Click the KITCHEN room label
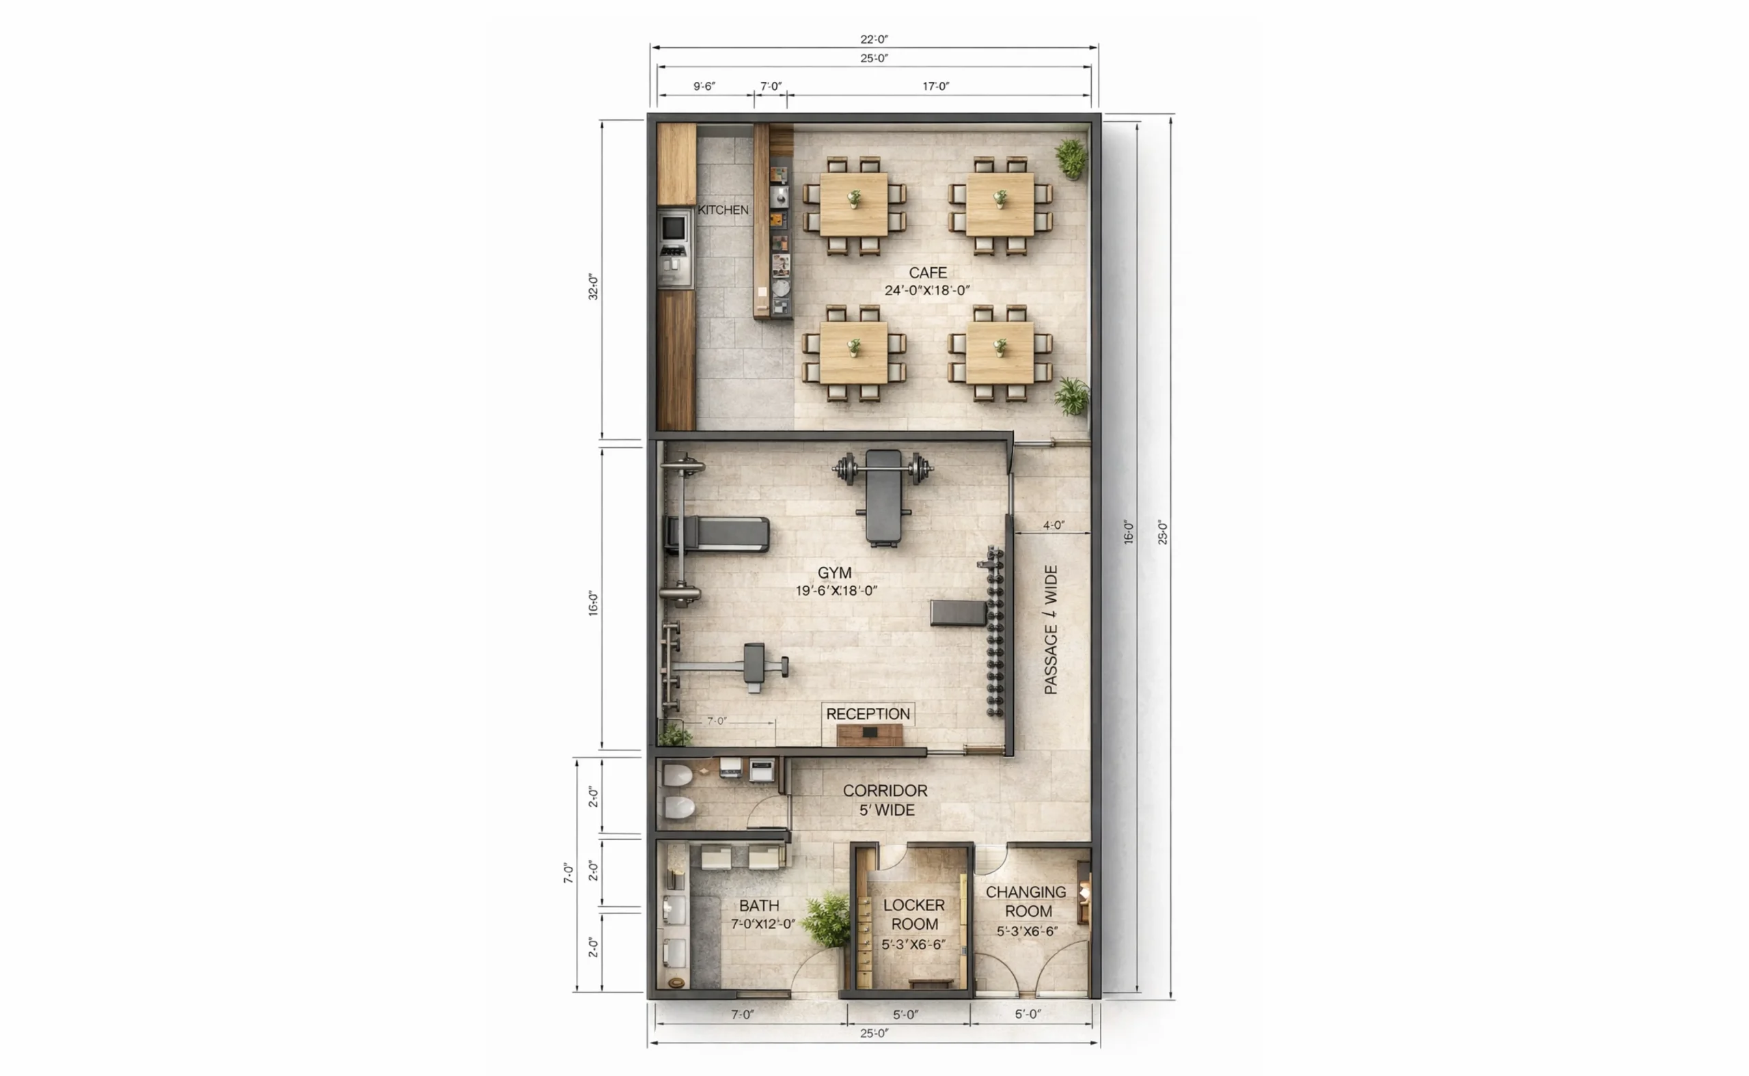pyautogui.click(x=723, y=210)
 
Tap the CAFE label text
pyautogui.click(x=927, y=273)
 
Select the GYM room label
pyautogui.click(x=834, y=573)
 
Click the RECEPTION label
pyautogui.click(x=868, y=714)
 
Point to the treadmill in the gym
pyautogui.click(x=717, y=534)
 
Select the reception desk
pyautogui.click(x=870, y=735)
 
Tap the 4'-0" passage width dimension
pyautogui.click(x=1053, y=525)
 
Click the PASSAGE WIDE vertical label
pyautogui.click(x=1050, y=630)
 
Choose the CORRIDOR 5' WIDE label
pyautogui.click(x=886, y=800)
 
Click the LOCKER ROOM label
pyautogui.click(x=914, y=915)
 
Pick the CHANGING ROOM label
pyautogui.click(x=1026, y=902)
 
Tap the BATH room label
pyautogui.click(x=758, y=906)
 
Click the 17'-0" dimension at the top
pyautogui.click(x=936, y=86)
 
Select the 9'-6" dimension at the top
pyautogui.click(x=704, y=86)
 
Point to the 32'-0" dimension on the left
pyautogui.click(x=593, y=286)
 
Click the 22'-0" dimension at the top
pyautogui.click(x=874, y=39)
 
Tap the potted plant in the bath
pyautogui.click(x=827, y=920)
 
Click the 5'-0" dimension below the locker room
pyautogui.click(x=905, y=1014)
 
